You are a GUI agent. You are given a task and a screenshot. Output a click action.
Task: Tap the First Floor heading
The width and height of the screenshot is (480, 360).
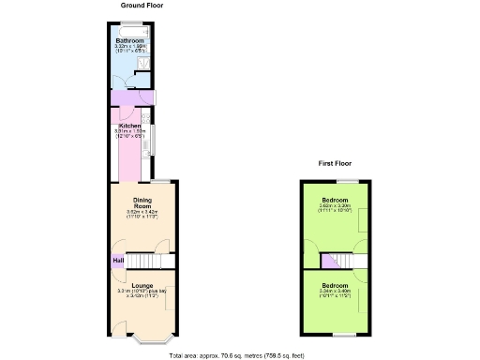point(335,163)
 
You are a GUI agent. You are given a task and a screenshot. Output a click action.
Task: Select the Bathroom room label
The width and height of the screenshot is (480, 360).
point(129,42)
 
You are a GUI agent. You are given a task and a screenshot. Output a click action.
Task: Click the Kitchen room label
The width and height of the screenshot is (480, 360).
point(129,126)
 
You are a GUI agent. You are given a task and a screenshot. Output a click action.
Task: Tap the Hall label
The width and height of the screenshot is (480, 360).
point(118,260)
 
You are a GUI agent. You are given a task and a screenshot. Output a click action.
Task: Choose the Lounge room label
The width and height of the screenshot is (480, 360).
point(142,285)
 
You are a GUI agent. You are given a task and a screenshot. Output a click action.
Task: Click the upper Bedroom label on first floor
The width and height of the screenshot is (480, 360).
point(336,201)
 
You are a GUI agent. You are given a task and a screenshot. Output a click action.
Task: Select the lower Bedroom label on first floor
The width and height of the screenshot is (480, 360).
point(336,284)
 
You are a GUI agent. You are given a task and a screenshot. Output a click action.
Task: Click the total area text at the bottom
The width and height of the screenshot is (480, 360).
point(236,355)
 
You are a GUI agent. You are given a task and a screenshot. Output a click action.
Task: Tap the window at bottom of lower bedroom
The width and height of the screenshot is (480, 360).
point(336,335)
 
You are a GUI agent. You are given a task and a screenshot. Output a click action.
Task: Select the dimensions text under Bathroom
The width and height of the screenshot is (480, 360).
point(129,50)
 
